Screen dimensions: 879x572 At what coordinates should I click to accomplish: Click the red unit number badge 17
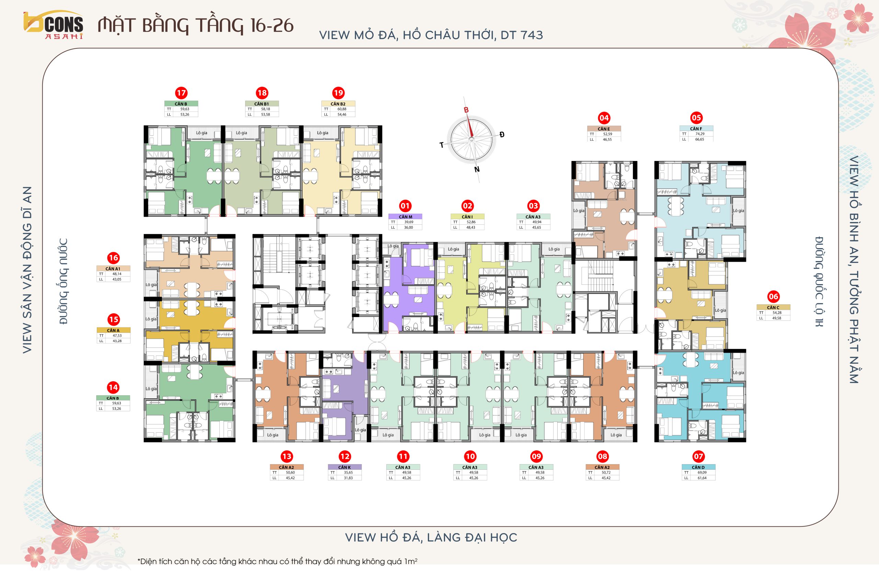pyautogui.click(x=181, y=93)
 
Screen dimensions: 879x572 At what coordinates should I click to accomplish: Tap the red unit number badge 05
pyautogui.click(x=696, y=118)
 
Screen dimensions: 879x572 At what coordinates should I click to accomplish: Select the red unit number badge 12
pyautogui.click(x=345, y=456)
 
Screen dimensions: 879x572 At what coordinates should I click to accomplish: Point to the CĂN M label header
pyautogui.click(x=405, y=217)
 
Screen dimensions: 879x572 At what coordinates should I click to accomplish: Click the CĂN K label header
pyautogui.click(x=345, y=467)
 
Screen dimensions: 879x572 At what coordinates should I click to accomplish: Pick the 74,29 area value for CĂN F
pyautogui.click(x=699, y=134)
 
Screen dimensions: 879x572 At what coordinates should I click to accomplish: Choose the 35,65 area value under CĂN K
pyautogui.click(x=348, y=472)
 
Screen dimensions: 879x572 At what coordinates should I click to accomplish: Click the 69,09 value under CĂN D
pyautogui.click(x=702, y=472)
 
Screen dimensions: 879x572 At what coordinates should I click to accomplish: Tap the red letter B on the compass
pyautogui.click(x=466, y=110)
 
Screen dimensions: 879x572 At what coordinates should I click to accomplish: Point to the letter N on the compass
pyautogui.click(x=477, y=170)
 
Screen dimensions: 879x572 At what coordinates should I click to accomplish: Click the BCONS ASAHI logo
pyautogui.click(x=53, y=25)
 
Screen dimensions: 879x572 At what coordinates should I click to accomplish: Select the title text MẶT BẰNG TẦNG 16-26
pyautogui.click(x=195, y=25)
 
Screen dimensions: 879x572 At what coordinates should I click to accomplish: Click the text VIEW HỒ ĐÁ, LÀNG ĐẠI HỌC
pyautogui.click(x=431, y=537)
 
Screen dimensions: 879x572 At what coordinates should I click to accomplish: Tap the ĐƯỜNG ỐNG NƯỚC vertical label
pyautogui.click(x=64, y=281)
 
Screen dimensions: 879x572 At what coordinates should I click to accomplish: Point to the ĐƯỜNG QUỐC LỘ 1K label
pyautogui.click(x=819, y=282)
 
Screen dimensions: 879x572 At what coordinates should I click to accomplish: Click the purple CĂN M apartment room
pyautogui.click(x=408, y=288)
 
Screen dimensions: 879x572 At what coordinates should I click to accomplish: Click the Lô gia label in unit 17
pyautogui.click(x=202, y=133)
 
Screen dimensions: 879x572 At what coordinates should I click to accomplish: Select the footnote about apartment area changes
pyautogui.click(x=277, y=561)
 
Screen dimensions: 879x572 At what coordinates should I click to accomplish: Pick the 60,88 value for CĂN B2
pyautogui.click(x=342, y=109)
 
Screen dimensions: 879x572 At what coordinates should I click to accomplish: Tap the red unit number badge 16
pyautogui.click(x=113, y=258)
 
